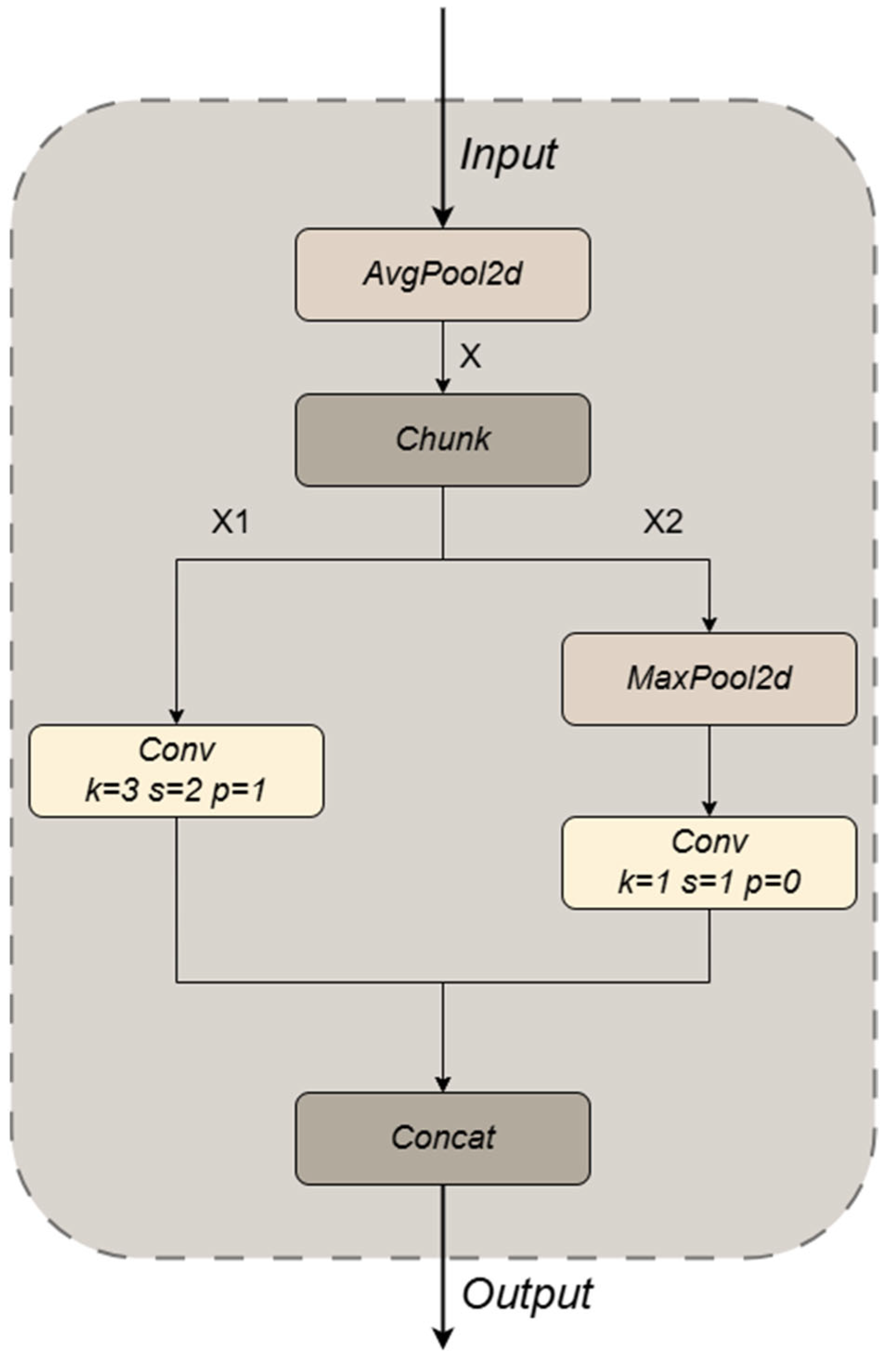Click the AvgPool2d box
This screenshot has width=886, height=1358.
coord(443,275)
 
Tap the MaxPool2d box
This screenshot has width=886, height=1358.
coord(709,679)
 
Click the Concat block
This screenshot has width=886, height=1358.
coord(443,1138)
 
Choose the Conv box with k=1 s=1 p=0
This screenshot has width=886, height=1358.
coord(709,862)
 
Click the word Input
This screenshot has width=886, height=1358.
coord(508,154)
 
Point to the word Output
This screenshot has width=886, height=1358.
coord(527,1294)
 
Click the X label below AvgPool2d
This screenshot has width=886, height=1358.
coord(470,357)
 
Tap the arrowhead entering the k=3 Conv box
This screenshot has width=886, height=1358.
coord(177,717)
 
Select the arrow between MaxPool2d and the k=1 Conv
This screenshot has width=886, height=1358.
coord(709,770)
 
